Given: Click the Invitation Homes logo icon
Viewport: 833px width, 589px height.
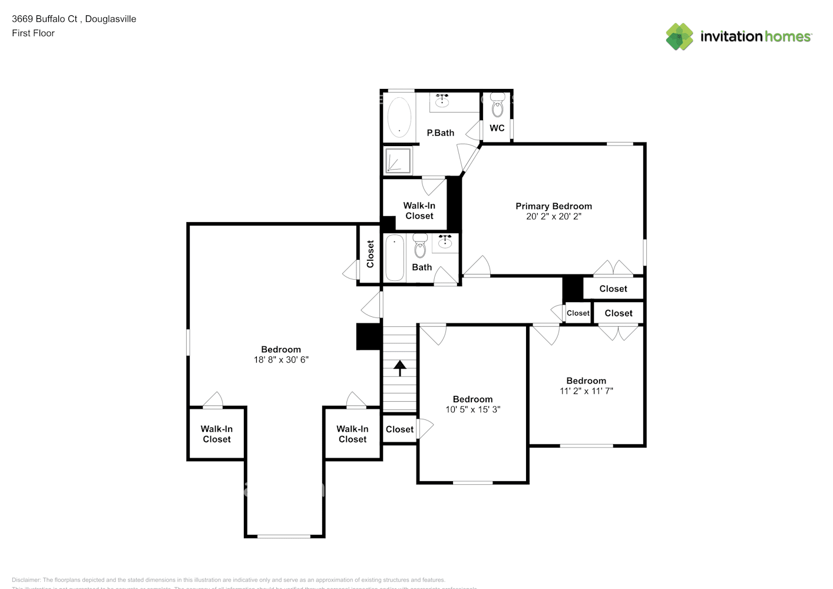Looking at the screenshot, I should click(x=679, y=37).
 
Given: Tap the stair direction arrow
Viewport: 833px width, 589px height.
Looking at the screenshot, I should click(x=400, y=368).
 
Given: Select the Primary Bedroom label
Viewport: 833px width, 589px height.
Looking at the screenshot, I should click(x=553, y=206).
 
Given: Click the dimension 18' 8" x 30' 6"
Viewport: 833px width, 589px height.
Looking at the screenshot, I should click(x=281, y=359).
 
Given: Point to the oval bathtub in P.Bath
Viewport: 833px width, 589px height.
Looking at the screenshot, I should click(x=399, y=117).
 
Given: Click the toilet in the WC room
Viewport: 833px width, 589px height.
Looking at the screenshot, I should click(x=498, y=106).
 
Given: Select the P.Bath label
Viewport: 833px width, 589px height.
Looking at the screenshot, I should click(x=440, y=133).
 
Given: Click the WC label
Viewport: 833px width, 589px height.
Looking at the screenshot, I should click(x=497, y=128).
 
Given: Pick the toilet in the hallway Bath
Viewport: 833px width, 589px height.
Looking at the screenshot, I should click(x=420, y=247).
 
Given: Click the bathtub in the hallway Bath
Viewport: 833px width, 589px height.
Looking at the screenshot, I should click(x=394, y=257).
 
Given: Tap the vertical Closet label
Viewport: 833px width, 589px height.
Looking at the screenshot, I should click(x=370, y=254).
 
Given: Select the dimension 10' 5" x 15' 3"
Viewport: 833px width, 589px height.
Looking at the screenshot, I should click(x=472, y=409).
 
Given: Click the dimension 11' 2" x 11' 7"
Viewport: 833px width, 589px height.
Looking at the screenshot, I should click(x=586, y=391).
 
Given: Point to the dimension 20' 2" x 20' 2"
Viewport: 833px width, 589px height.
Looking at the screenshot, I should click(x=553, y=216).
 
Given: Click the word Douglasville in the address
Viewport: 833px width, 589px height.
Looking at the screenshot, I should click(x=111, y=19).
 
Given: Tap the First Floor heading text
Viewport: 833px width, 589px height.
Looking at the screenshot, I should click(x=33, y=33).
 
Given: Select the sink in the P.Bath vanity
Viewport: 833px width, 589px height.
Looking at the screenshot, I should click(x=442, y=101).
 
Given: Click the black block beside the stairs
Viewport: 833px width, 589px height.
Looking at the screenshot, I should click(x=369, y=337).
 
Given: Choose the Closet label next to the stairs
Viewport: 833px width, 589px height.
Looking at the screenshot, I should click(x=399, y=429).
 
